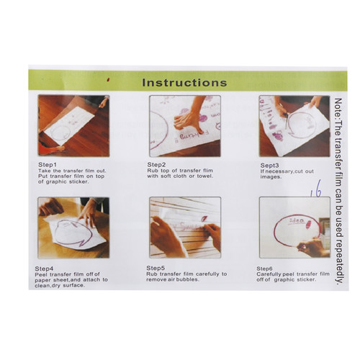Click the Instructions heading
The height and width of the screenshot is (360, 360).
click(x=184, y=83)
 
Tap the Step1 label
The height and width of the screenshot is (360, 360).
click(x=48, y=165)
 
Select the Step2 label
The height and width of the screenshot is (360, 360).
click(x=156, y=165)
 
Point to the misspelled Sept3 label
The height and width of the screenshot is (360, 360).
click(x=270, y=166)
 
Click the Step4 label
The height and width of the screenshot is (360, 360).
click(x=44, y=269)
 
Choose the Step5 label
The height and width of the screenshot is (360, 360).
click(x=156, y=268)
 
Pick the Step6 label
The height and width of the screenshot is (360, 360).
click(x=264, y=269)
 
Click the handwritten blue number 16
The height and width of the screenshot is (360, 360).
click(x=316, y=189)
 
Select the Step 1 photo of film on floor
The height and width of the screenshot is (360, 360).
click(x=73, y=126)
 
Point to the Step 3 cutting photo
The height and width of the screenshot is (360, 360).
click(x=294, y=126)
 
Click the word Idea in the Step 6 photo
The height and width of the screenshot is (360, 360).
click(x=297, y=220)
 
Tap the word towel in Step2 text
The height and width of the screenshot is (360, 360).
click(x=204, y=176)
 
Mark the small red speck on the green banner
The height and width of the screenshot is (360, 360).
click(x=108, y=79)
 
